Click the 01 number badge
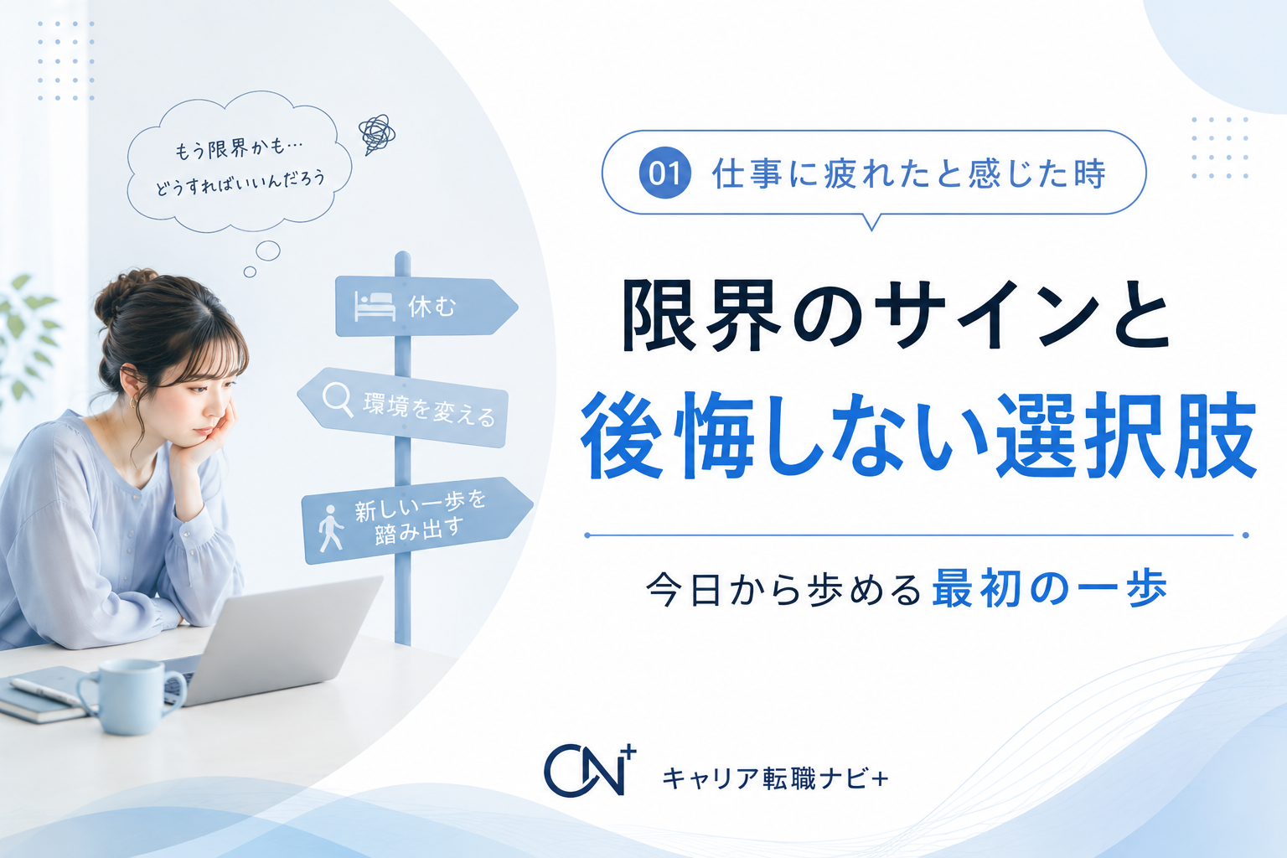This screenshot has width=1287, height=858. pyautogui.click(x=664, y=173)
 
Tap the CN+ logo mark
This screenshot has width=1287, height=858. pyautogui.click(x=590, y=769)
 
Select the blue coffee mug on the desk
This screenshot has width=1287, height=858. pyautogui.click(x=131, y=696)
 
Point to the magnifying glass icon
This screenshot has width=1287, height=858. pyautogui.click(x=338, y=399)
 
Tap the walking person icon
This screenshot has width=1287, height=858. pyautogui.click(x=331, y=528)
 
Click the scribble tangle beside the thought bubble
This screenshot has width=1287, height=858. pyautogui.click(x=376, y=134)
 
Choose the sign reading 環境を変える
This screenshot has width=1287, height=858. pyautogui.click(x=403, y=407)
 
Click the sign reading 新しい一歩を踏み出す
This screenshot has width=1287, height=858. pyautogui.click(x=417, y=520)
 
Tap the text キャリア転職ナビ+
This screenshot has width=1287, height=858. pyautogui.click(x=775, y=778)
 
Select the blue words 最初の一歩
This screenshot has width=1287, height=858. pyautogui.click(x=1049, y=588)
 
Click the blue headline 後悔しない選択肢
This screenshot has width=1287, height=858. pyautogui.click(x=918, y=436)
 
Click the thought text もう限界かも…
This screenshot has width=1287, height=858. pyautogui.click(x=239, y=149)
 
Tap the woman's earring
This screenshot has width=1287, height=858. pyautogui.click(x=134, y=403)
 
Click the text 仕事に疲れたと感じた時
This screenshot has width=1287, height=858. pyautogui.click(x=908, y=173)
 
